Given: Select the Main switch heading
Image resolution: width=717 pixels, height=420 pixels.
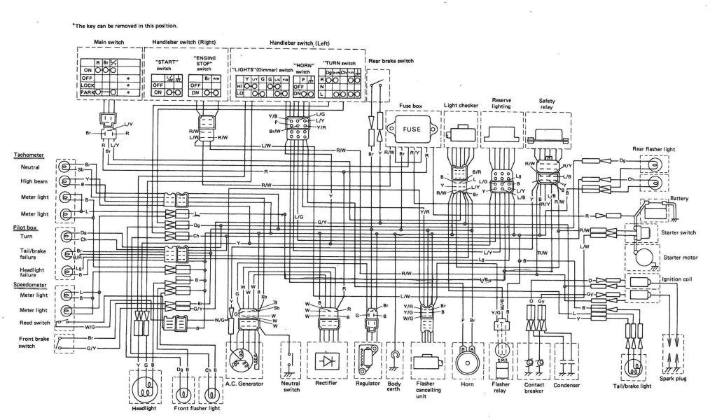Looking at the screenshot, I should (109, 42).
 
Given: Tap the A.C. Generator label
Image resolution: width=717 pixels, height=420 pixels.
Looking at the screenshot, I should (244, 384).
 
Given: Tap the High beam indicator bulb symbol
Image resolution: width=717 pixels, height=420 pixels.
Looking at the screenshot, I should (64, 181).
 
